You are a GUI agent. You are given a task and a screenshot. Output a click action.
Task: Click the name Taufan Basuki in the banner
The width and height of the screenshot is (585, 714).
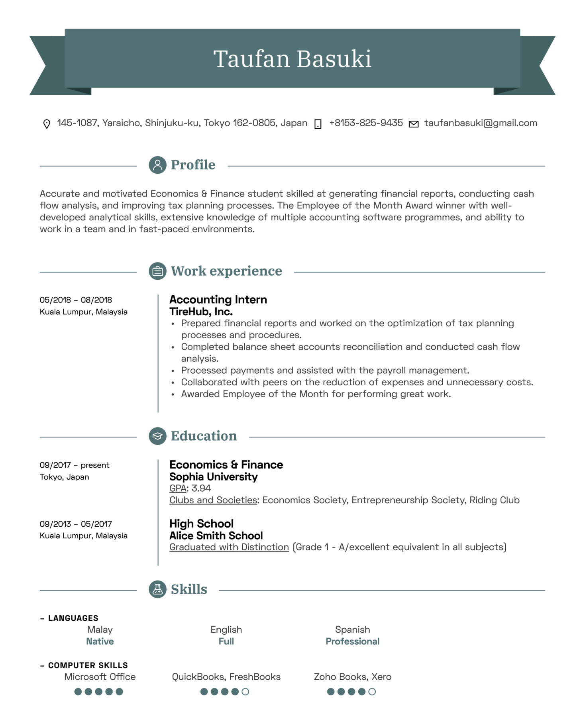tap(292, 59)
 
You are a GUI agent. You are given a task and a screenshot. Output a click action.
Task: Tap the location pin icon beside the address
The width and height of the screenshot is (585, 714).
tap(47, 124)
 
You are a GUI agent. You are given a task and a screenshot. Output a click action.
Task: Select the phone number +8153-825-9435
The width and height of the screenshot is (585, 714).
tap(365, 123)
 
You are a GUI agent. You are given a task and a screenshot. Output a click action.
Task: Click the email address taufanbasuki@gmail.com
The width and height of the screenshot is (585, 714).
tap(480, 123)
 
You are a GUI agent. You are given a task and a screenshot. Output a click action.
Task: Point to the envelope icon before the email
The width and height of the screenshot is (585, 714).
tap(414, 124)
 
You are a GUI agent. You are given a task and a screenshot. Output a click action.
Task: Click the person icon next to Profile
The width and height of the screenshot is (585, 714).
tap(157, 165)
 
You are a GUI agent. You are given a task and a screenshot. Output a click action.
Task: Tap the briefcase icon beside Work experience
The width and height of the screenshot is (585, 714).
tap(157, 271)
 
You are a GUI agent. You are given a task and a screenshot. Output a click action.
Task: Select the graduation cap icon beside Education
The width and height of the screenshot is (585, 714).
tap(157, 436)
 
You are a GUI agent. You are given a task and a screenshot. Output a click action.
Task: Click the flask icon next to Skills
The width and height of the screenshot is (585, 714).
tap(157, 589)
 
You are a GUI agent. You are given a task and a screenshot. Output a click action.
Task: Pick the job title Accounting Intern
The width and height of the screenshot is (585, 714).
tap(218, 300)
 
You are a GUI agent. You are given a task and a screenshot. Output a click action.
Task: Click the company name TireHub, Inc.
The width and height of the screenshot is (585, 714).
tap(201, 312)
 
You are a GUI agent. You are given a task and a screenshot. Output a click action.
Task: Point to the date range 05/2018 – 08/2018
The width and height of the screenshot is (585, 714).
tap(76, 300)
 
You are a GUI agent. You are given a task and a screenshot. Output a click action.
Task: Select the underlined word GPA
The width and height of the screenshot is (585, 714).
tap(178, 488)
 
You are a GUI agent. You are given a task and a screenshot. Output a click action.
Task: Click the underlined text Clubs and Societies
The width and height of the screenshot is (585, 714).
tap(213, 500)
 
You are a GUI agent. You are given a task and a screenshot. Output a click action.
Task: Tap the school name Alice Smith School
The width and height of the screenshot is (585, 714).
tap(216, 535)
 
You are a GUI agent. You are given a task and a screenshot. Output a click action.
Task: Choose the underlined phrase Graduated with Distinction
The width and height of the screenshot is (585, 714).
tap(229, 547)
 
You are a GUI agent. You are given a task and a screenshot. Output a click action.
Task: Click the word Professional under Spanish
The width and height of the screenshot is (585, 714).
tap(352, 641)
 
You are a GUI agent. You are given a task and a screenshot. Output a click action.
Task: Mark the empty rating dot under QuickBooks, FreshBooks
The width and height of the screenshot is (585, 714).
tap(245, 692)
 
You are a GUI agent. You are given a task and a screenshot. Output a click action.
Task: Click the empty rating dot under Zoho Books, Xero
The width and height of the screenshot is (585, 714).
tap(372, 692)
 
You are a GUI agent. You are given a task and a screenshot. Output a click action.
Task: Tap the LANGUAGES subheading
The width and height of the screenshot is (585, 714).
tap(73, 618)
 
